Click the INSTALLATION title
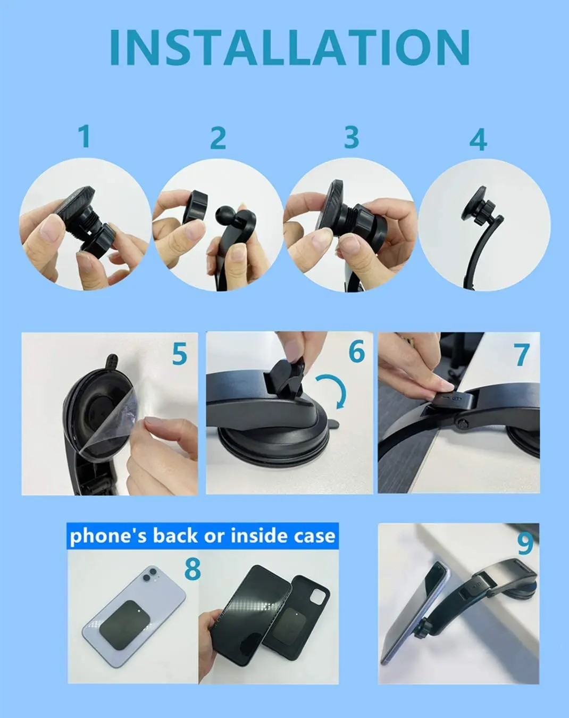tap(289, 47)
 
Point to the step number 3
tap(352, 137)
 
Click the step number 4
tap(478, 140)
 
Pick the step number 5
tap(180, 354)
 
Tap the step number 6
tap(357, 352)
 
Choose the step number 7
tap(522, 355)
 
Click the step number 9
tap(525, 543)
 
